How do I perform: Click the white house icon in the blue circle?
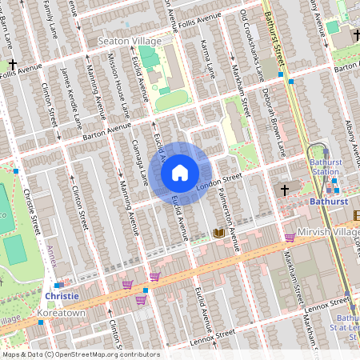pyautogui.click(x=180, y=172)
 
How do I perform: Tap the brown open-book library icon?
pyautogui.click(x=218, y=233)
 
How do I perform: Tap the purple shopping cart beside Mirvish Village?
pyautogui.click(x=290, y=237)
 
